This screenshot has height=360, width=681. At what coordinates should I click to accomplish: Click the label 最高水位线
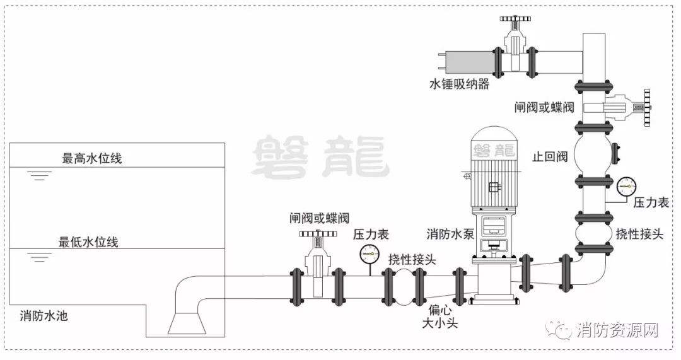91,158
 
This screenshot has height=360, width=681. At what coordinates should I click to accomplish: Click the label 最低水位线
89,241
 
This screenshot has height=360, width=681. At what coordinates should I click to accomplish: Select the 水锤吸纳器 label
459,84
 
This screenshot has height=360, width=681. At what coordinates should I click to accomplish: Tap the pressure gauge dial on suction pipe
369,254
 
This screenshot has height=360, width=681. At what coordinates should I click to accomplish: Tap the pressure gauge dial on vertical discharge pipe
626,185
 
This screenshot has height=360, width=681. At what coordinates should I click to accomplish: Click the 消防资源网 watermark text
617,330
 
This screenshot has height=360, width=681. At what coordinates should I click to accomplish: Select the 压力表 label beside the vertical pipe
651,202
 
